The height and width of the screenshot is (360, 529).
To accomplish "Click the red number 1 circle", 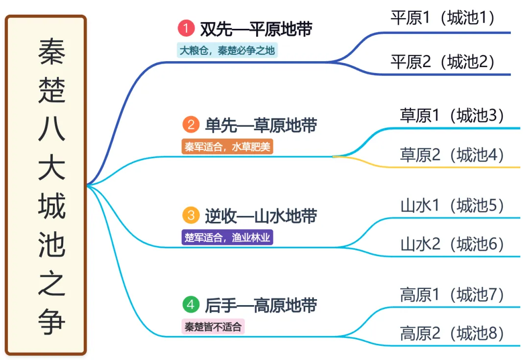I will [x=187, y=28].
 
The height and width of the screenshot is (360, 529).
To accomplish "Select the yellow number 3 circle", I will [x=191, y=215].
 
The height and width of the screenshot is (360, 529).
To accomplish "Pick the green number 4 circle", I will [x=191, y=305].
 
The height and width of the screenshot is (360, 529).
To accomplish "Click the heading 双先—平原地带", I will [x=256, y=29].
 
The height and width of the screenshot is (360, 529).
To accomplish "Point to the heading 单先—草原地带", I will [x=261, y=125].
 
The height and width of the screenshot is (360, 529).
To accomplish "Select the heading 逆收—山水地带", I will [x=261, y=216].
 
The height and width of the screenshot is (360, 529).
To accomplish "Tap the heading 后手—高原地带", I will [x=261, y=305].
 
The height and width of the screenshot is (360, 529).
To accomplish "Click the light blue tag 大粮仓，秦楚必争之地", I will [x=227, y=50].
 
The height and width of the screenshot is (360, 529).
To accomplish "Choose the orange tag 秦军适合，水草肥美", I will [x=227, y=146].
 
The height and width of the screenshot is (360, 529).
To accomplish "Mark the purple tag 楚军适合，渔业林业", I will [x=227, y=238].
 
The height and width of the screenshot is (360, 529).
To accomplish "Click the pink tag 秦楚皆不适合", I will [x=213, y=327].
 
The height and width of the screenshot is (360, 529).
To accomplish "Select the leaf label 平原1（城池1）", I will [x=442, y=18].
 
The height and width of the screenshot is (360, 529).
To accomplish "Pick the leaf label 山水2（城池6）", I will [x=452, y=243].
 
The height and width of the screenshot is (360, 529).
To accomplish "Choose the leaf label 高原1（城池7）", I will [x=452, y=294].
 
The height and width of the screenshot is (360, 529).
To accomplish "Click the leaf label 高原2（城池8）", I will [x=452, y=333].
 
